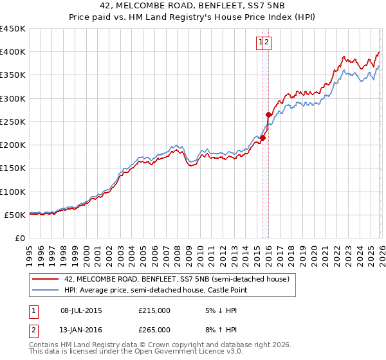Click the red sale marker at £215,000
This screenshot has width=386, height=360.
tap(262, 138)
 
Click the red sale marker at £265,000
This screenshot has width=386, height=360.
tap(268, 114)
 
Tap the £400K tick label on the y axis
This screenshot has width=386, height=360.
tap(13, 52)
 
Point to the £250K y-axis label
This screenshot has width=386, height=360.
tap(13, 122)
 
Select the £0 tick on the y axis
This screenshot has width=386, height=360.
tap(19, 238)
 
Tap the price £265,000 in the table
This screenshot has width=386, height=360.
tap(154, 329)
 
